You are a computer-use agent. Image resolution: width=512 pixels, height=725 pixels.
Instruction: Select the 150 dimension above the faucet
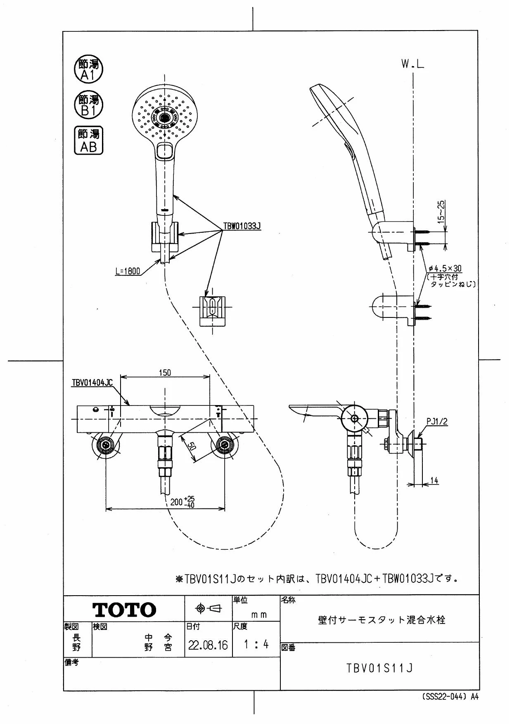click(165, 373)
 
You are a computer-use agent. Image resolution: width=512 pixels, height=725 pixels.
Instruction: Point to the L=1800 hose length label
click(128, 272)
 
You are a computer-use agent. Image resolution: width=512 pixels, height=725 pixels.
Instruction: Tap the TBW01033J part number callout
click(242, 226)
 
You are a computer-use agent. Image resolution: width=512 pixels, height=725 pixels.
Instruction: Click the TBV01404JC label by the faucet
click(92, 383)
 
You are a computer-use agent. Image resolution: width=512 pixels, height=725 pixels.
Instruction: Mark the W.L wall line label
click(412, 64)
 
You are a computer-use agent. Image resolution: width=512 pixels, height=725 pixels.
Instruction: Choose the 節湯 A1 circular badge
click(88, 69)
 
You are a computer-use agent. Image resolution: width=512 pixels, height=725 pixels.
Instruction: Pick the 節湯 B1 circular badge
click(88, 105)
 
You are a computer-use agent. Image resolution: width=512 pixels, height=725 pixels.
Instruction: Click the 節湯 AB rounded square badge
click(89, 141)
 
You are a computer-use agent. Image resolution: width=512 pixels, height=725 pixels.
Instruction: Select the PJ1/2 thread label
click(437, 422)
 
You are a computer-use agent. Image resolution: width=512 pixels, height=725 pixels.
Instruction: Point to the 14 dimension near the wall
click(434, 481)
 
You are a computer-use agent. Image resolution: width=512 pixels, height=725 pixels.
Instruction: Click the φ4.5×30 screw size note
click(445, 269)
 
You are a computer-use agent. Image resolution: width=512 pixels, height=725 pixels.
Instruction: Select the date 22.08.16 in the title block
click(208, 645)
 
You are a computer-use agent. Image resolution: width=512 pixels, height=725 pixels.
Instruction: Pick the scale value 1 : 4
click(256, 644)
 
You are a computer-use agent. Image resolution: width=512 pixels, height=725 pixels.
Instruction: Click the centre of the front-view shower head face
click(164, 117)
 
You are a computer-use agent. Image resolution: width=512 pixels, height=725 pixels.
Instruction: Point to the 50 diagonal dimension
click(191, 446)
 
